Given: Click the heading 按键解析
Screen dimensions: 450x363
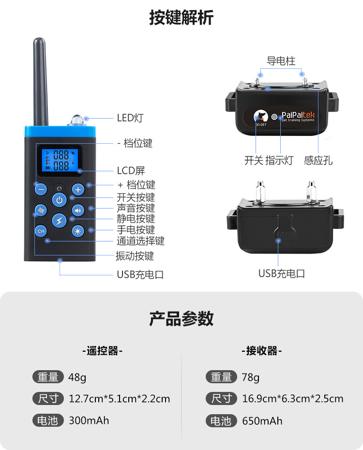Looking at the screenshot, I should (x=181, y=18).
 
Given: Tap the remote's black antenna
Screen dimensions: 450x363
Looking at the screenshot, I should (x=41, y=82).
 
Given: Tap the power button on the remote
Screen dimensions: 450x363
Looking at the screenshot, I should (x=59, y=199).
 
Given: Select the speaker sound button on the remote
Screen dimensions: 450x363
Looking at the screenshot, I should (x=78, y=210).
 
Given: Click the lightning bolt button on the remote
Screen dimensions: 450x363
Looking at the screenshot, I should (x=59, y=221).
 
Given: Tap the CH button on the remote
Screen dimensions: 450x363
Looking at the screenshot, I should (x=40, y=231).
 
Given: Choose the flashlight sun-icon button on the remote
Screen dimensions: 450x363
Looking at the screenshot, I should (x=78, y=231).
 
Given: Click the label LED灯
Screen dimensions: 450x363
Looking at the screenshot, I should (x=130, y=118).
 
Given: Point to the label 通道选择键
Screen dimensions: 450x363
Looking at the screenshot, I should (x=140, y=240).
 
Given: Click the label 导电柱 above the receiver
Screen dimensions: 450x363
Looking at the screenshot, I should (x=281, y=61).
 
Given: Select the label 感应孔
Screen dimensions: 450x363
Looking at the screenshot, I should (x=318, y=161).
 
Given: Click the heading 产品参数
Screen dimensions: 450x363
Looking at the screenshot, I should (x=181, y=319).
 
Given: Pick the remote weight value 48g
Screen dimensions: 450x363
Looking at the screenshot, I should (x=77, y=377).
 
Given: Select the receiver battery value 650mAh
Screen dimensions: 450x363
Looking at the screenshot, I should (x=262, y=420).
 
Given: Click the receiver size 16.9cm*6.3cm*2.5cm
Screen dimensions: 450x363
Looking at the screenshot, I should (x=292, y=399).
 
